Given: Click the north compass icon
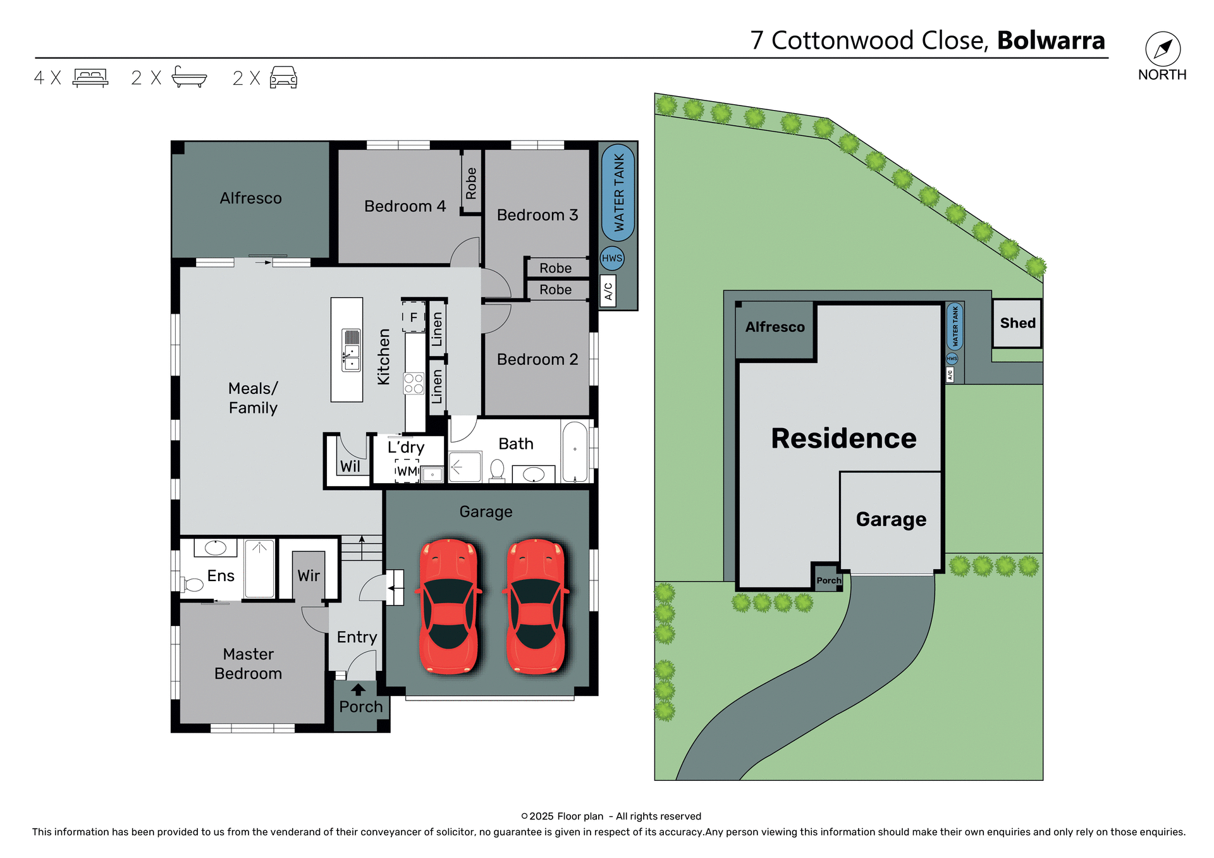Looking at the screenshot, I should [x=1162, y=49].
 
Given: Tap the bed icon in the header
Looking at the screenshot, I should [x=90, y=78].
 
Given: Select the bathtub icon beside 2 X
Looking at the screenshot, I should [x=189, y=77].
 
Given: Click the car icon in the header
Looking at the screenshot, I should [x=283, y=77].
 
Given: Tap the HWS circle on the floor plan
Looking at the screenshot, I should [x=611, y=258].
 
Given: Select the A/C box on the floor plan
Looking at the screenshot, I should [x=608, y=291].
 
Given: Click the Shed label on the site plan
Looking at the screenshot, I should [x=1017, y=323].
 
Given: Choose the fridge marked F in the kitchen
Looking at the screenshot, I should [x=413, y=317].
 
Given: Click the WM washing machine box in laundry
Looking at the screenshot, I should [x=407, y=471].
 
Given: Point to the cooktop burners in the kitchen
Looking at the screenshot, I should [x=414, y=383].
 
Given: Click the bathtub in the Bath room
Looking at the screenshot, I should [x=575, y=451].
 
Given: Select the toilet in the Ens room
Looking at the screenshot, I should [x=192, y=584].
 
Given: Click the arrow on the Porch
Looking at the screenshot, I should [x=359, y=689].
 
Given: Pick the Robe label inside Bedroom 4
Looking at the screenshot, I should [x=471, y=183].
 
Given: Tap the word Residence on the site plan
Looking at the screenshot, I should [x=843, y=438].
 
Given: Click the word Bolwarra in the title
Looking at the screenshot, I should [x=1051, y=40].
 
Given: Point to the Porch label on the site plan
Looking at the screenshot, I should [x=828, y=580].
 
